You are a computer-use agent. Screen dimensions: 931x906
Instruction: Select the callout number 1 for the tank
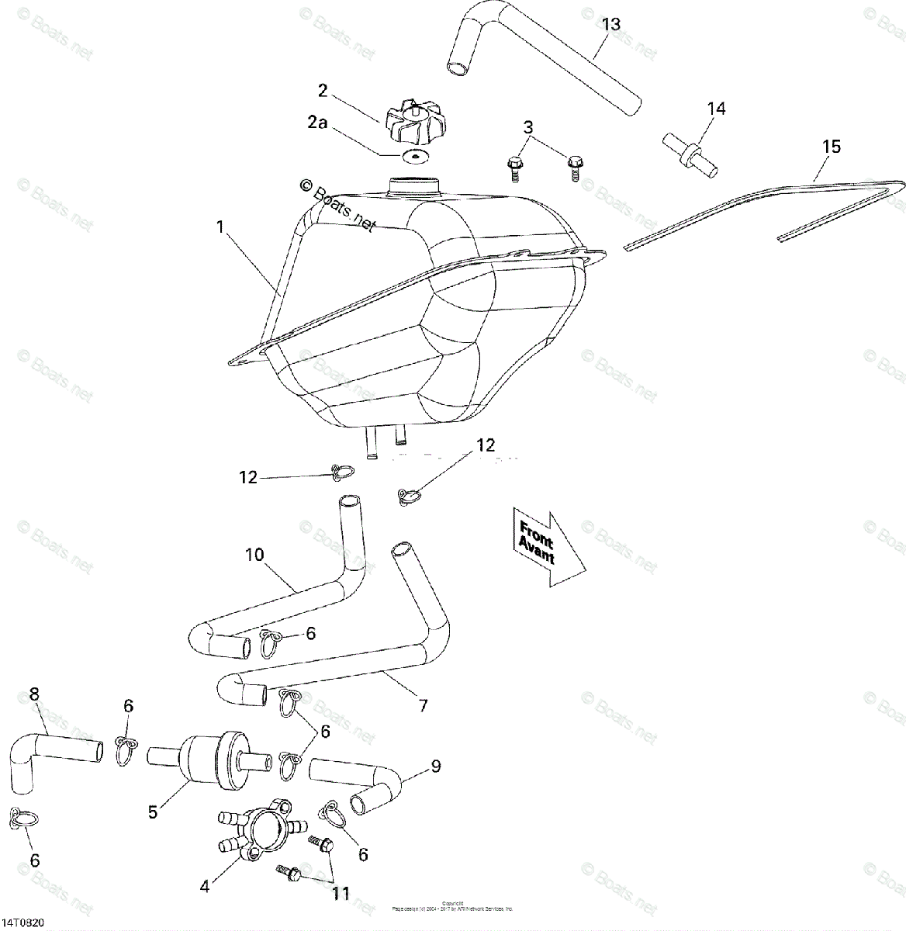220,227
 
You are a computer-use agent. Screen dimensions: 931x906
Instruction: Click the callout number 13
611,24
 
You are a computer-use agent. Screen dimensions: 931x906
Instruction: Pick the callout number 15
831,147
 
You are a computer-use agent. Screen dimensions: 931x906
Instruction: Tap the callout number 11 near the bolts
341,894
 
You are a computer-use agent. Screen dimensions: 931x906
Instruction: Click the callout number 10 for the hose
254,555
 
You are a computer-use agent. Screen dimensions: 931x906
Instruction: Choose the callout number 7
423,706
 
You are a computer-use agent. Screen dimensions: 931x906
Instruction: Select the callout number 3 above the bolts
527,127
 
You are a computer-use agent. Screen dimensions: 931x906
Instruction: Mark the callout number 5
154,812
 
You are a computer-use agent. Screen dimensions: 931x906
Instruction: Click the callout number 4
205,885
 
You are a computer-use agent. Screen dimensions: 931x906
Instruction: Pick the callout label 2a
316,123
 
